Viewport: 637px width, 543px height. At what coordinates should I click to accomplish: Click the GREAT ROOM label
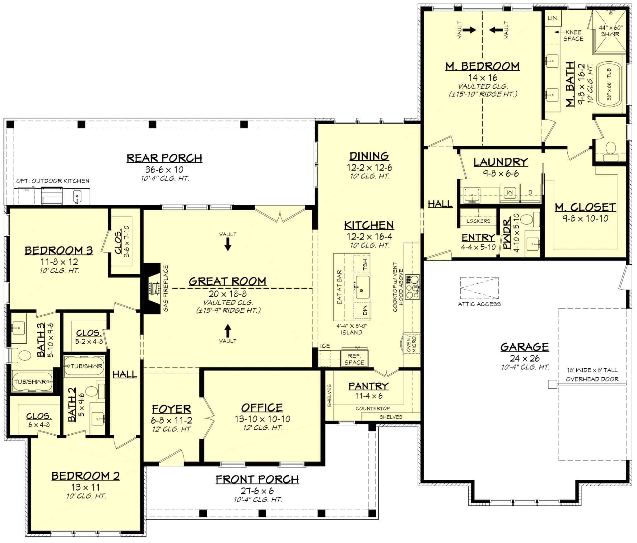[x=227, y=281]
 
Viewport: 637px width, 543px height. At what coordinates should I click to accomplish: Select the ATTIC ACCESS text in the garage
[x=479, y=304]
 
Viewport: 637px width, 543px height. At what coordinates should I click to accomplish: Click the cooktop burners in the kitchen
[x=412, y=287]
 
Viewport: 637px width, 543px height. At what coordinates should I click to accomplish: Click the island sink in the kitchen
[x=362, y=286]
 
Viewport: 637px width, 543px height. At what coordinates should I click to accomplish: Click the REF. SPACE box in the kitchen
[x=354, y=359]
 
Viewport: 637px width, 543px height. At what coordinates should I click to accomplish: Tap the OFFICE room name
[x=262, y=408]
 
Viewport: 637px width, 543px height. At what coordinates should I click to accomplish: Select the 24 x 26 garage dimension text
[x=524, y=358]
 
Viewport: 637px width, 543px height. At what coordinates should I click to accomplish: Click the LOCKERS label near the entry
[x=478, y=221]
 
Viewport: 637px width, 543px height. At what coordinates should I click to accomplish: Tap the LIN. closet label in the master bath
[x=553, y=18]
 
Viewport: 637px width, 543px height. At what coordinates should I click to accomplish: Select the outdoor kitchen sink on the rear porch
[x=77, y=197]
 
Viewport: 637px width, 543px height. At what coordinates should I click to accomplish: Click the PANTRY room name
[x=368, y=386]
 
